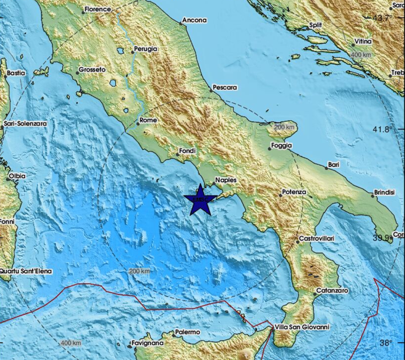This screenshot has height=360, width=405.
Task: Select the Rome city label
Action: click(148, 121)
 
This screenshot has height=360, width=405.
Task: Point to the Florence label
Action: click(98, 9)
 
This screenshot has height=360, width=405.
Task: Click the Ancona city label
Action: click(194, 21)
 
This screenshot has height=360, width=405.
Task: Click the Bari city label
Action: click(333, 165)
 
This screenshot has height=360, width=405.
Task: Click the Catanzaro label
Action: click(331, 291)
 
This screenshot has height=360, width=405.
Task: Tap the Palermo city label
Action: click(186, 332)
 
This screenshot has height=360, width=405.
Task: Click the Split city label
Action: click(315, 25)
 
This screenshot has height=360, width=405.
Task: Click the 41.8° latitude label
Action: click(384, 129)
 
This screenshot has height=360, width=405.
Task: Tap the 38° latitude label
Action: click(385, 343)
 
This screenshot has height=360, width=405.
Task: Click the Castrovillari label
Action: click(316, 239)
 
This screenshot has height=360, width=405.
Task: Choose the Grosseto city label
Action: click(92, 69)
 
